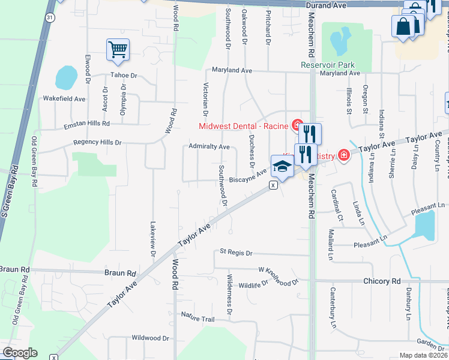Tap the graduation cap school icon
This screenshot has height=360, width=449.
tap(282, 166)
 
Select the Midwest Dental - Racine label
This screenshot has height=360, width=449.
tap(245, 125)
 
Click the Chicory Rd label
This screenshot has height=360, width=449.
tap(382, 281)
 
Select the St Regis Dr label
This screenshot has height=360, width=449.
tap(236, 253)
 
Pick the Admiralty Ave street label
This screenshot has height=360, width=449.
tap(209, 146)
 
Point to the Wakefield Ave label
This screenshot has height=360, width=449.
tap(64, 98)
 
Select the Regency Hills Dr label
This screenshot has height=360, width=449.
tap(97, 143)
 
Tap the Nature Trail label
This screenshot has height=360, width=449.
tap(197, 317)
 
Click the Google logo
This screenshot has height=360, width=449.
tap(20, 353)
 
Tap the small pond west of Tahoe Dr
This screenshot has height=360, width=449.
tap(66, 77)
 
